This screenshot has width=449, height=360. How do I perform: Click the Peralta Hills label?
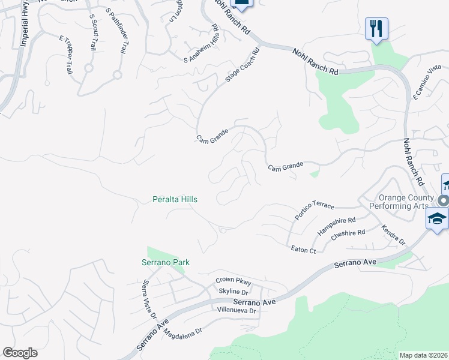[x=175, y=199]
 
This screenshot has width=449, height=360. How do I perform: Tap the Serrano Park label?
[x=166, y=262]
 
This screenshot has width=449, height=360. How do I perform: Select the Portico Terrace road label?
[x=314, y=210]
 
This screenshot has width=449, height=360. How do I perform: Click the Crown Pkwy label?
[x=234, y=281]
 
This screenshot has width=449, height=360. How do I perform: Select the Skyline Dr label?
[x=233, y=291]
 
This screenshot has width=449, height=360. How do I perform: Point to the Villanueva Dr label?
[x=237, y=311]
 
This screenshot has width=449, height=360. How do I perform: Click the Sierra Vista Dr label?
[x=149, y=298]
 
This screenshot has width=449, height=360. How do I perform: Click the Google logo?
[x=20, y=353]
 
